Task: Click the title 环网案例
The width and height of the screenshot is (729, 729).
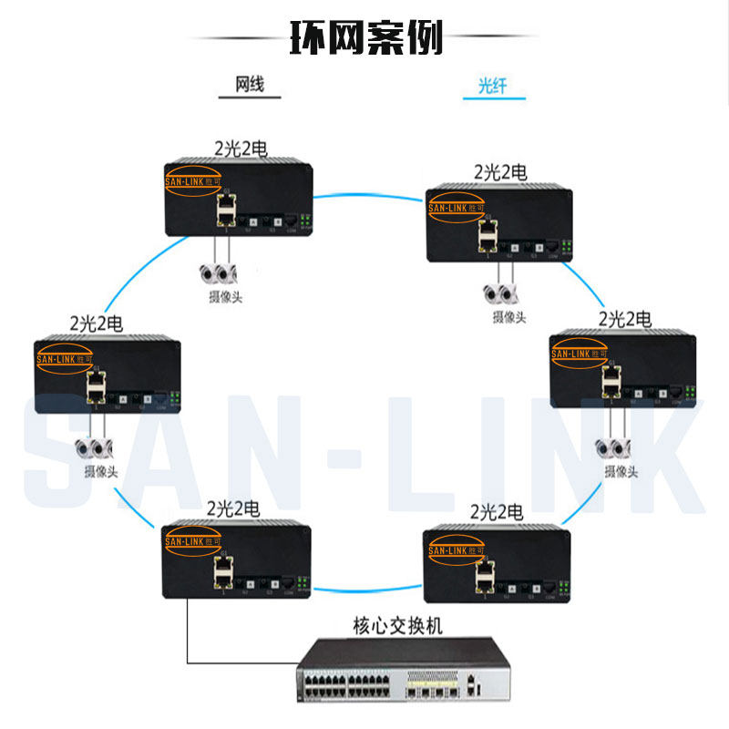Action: point(365,37)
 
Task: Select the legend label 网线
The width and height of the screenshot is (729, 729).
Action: point(250,85)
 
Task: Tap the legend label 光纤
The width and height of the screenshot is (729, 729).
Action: point(491,87)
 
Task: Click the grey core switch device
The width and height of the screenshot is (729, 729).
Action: point(393,670)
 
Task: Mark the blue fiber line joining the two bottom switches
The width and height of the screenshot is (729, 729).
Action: point(369,586)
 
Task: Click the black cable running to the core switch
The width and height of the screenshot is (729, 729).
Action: point(188,638)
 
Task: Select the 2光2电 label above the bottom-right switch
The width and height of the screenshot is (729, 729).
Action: point(498,510)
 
